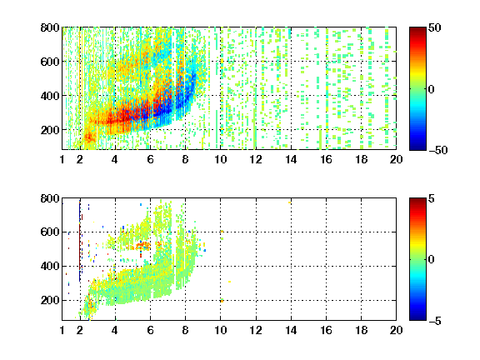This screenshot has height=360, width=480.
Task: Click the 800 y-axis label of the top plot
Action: (50, 27)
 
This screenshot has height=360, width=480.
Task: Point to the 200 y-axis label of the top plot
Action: (50, 130)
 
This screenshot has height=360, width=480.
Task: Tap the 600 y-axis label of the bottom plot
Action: (50, 232)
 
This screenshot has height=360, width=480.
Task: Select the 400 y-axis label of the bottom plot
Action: (50, 266)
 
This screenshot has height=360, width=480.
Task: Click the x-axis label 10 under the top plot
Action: (220, 159)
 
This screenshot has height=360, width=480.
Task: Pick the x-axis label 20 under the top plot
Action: (396, 159)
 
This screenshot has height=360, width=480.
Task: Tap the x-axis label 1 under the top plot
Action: (62, 159)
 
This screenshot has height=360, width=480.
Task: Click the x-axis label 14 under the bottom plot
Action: (291, 330)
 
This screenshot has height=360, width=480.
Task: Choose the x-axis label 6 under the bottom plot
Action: (150, 330)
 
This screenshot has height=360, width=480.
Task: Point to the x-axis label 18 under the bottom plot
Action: (361, 330)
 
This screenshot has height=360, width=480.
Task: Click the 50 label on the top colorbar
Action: (434, 27)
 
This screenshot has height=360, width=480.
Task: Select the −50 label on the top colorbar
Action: (438, 150)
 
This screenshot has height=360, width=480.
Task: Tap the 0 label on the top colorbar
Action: (432, 89)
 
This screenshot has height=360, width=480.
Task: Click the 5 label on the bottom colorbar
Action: (432, 198)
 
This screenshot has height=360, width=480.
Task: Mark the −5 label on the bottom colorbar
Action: (435, 321)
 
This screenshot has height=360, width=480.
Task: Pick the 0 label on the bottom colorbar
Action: (432, 260)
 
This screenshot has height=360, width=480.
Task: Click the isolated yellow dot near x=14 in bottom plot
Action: (290, 202)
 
